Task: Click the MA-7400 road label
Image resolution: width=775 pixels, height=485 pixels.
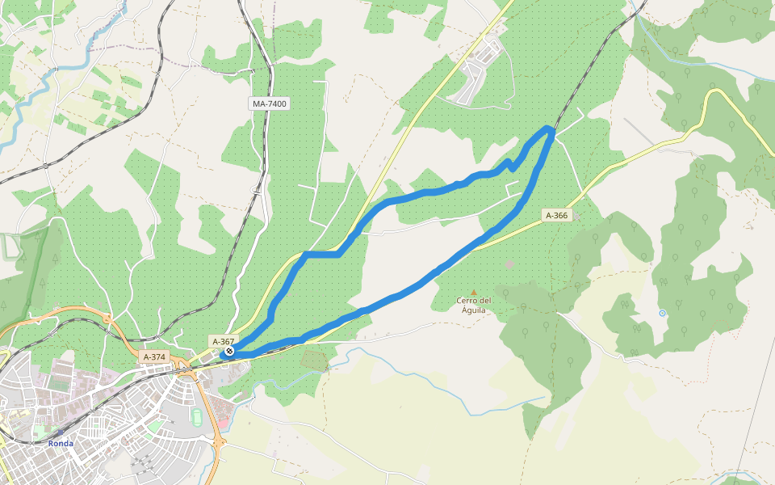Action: (x=270, y=104)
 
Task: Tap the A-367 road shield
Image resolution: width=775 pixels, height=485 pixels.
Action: (x=223, y=342)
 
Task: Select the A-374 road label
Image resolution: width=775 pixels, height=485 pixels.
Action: (x=154, y=357)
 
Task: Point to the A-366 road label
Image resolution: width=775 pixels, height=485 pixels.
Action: (x=557, y=215)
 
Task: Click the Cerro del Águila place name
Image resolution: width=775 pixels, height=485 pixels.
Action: (x=473, y=305)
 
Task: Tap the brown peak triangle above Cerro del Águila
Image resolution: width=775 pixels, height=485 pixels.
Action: (x=474, y=293)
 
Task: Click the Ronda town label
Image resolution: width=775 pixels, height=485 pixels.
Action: (x=61, y=444)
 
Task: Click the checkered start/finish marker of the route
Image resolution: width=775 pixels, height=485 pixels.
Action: (x=230, y=352)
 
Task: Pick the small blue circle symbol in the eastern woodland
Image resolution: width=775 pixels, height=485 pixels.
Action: (x=662, y=313)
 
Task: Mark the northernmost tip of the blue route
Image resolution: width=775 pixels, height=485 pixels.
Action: (x=550, y=128)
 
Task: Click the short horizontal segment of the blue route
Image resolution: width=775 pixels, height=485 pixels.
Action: (x=321, y=254)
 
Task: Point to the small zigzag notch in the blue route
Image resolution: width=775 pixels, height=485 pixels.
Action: (x=509, y=166)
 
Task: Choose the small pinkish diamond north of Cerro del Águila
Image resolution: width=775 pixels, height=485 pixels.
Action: (x=509, y=264)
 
